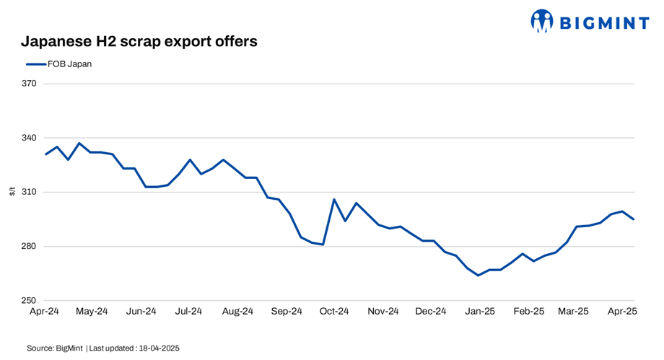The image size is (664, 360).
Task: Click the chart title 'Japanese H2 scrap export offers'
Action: (139, 41)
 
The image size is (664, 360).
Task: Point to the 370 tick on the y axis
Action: (30, 84)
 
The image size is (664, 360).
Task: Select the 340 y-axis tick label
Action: (30, 138)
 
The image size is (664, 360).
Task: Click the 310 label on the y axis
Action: (30, 192)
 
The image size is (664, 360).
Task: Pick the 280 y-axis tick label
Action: (30, 247)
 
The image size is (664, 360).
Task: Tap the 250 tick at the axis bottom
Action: (30, 301)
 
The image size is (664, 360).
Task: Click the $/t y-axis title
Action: (12, 192)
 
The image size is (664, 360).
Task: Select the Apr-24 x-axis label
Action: (44, 312)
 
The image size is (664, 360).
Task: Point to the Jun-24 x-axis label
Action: (141, 312)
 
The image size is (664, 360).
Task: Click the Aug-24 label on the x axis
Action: (237, 312)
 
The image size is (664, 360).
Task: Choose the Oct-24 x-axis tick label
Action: (334, 312)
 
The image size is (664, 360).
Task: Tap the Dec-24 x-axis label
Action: (431, 312)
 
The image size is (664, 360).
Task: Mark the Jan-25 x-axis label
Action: (479, 312)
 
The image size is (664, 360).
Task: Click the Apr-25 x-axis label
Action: (621, 312)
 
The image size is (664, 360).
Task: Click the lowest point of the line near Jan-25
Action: (478, 275)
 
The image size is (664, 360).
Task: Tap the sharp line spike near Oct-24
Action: (334, 199)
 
